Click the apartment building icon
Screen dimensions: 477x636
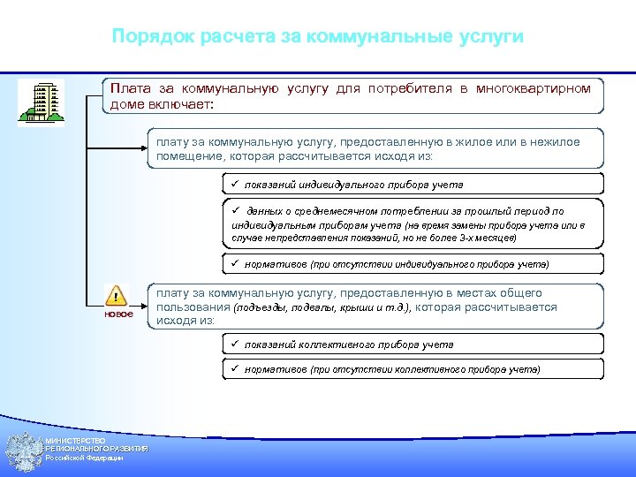click(x=41, y=102)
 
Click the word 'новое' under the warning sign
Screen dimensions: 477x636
click(x=118, y=314)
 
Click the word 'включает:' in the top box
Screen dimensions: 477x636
click(x=186, y=103)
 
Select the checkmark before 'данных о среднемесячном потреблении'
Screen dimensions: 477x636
click(x=226, y=211)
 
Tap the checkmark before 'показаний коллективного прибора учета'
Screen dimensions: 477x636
click(x=226, y=344)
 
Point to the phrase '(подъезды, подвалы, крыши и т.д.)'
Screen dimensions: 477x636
click(x=322, y=307)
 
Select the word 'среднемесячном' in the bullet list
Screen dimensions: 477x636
click(x=325, y=212)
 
